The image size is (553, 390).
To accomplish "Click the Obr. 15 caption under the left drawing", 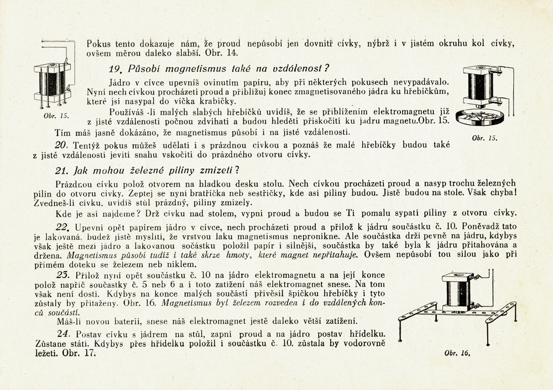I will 55,116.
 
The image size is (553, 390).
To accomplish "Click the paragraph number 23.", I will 63,275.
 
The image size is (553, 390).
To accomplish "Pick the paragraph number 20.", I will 61,144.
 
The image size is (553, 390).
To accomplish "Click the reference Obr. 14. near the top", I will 225,53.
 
